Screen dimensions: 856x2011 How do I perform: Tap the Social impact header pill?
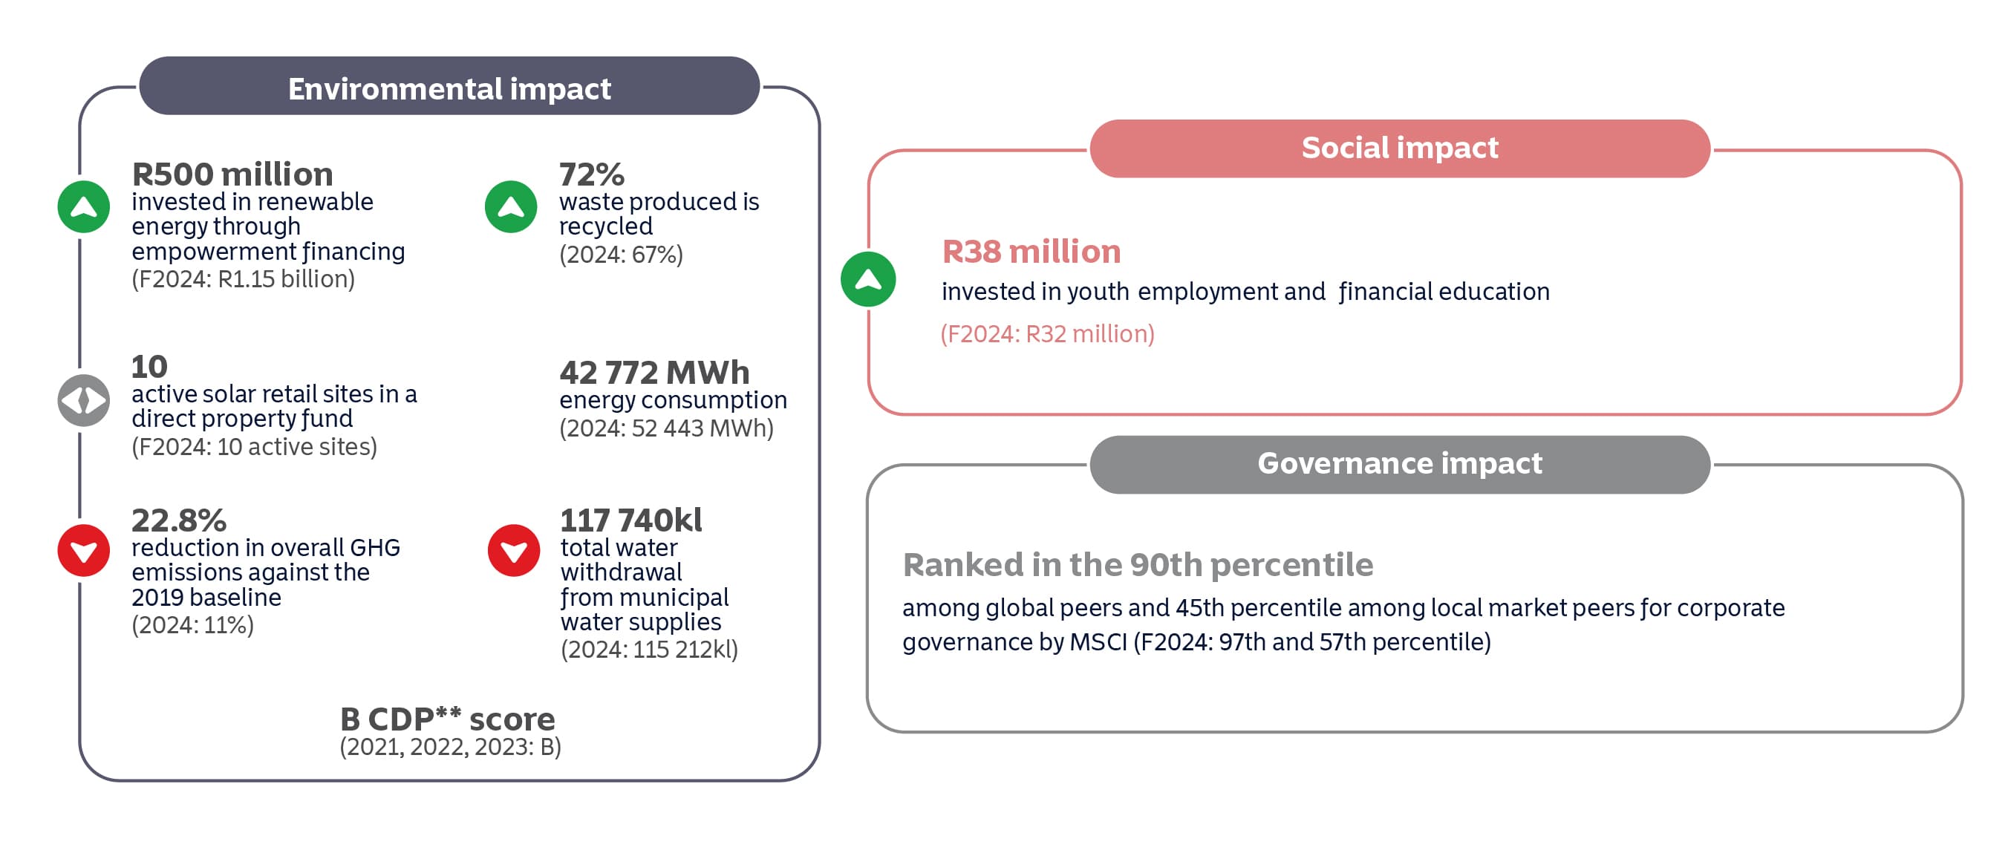click(1399, 148)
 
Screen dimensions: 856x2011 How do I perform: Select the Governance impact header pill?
click(1399, 464)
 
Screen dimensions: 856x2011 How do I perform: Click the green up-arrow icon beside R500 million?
click(83, 207)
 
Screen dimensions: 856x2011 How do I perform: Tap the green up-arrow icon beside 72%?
click(511, 207)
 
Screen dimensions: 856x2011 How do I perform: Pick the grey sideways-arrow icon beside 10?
click(83, 400)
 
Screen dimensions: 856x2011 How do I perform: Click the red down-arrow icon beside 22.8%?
click(83, 551)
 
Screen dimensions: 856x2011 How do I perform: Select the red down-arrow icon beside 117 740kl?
click(514, 551)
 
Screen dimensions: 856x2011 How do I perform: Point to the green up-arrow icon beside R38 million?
click(867, 278)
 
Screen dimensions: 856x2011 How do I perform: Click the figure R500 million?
click(232, 174)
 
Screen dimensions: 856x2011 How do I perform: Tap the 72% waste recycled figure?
click(591, 174)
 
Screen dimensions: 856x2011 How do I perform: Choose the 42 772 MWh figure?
click(654, 372)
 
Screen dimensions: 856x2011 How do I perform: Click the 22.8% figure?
click(179, 520)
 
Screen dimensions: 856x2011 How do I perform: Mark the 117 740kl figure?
click(630, 520)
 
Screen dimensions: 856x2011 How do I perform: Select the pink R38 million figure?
click(1031, 251)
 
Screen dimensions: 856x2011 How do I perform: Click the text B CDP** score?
click(447, 719)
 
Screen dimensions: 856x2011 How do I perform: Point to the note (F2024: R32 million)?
click(1047, 334)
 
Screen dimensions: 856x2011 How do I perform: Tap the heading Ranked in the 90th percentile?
click(1138, 564)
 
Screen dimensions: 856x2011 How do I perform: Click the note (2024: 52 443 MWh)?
click(666, 428)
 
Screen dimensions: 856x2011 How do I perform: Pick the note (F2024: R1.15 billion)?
click(243, 278)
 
